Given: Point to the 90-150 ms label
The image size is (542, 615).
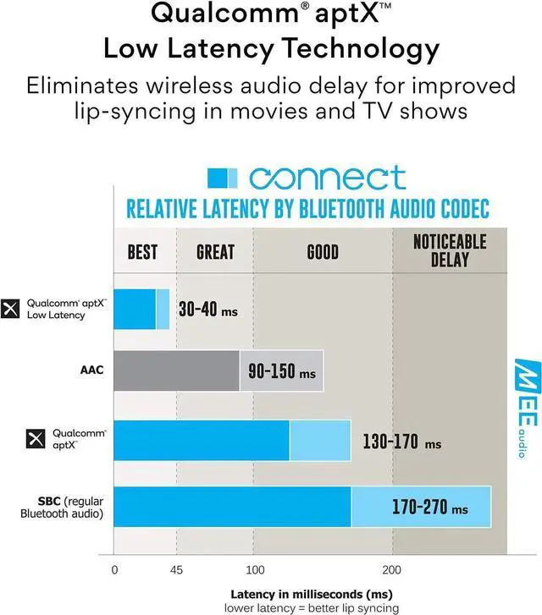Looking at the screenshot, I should [281, 371].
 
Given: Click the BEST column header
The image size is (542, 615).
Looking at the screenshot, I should [142, 252].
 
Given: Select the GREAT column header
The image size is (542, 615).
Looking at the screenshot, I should [215, 252].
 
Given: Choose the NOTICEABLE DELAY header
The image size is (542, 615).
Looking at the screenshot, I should [450, 250].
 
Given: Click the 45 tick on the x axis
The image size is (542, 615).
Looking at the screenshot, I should [176, 569].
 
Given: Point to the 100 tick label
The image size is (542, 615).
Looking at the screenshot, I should [254, 569].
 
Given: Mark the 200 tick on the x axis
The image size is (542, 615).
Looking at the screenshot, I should [392, 569].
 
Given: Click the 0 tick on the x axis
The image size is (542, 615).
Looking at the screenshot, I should [114, 569].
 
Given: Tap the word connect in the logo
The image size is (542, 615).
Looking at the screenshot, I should [327, 178].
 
